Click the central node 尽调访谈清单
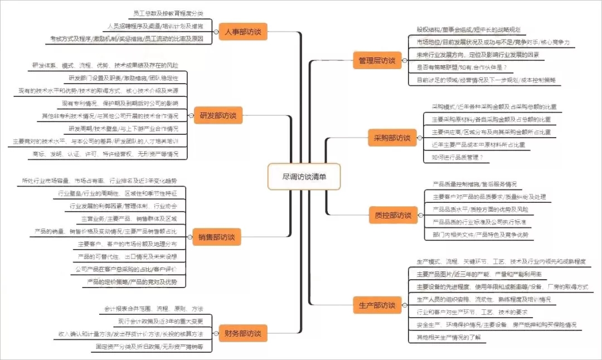pos(304,176)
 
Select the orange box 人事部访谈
pos(243,32)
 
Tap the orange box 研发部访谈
pos(218,116)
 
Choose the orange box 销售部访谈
pos(216,237)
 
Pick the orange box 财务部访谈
pos(242,333)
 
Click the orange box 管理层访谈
pos(377,61)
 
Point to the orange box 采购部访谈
pos(392,138)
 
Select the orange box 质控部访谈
pos(392,215)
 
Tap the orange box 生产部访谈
pos(377,305)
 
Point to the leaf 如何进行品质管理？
pos(457,158)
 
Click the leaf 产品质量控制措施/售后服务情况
pos(474,184)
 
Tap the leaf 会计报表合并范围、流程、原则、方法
pos(154,309)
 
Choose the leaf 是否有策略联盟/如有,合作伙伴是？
pos(462,67)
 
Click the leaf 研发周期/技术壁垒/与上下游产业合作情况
pos(123,128)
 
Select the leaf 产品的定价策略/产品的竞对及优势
pos(132,282)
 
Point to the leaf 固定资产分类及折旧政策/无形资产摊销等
pos(149,347)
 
